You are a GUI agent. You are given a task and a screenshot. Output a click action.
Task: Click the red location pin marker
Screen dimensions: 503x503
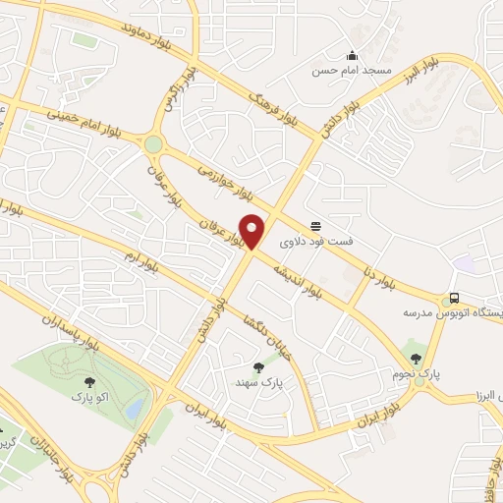[252, 230]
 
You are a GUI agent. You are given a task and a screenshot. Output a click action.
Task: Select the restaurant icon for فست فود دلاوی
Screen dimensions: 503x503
[315, 225]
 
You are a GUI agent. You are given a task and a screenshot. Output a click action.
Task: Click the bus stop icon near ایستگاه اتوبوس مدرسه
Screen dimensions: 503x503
[453, 298]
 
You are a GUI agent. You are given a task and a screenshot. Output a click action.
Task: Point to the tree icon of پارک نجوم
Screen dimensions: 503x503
[416, 359]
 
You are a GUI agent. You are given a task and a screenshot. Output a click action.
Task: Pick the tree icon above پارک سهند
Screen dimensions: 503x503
[259, 367]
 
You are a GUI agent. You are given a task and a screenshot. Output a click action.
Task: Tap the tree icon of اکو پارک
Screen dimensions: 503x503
[90, 382]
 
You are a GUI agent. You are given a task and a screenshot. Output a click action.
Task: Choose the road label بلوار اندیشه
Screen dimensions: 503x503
[298, 269]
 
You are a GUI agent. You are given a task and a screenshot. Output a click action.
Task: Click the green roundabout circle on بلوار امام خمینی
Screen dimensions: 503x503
[153, 145]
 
